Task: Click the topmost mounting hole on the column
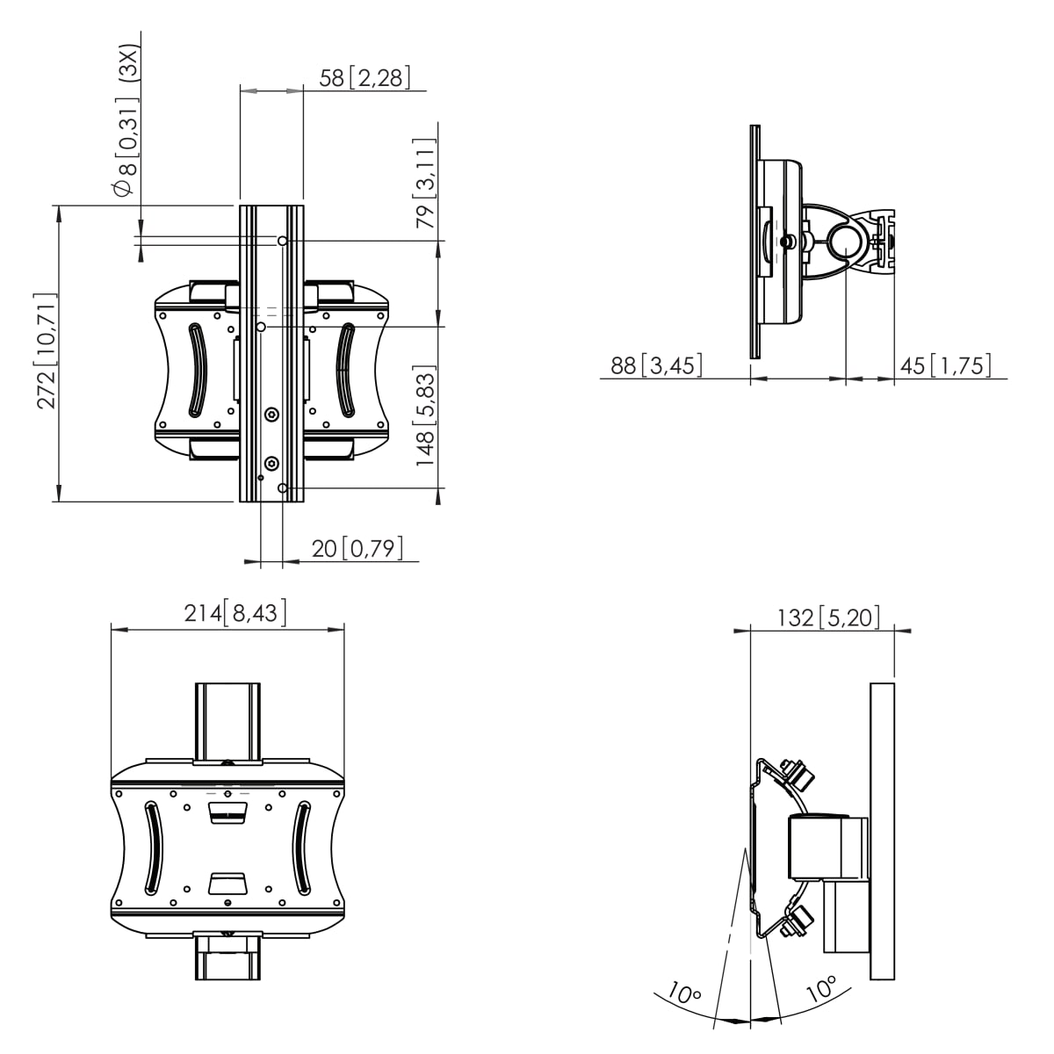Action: pyautogui.click(x=282, y=241)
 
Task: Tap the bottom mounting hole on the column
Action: pyautogui.click(x=282, y=487)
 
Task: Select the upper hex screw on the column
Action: pyautogui.click(x=271, y=415)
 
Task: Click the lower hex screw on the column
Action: pyautogui.click(x=271, y=465)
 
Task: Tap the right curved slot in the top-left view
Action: pyautogui.click(x=346, y=370)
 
